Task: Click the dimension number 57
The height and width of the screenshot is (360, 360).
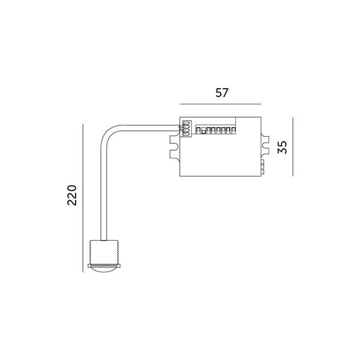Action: (222, 93)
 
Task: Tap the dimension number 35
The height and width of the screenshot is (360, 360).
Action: (282, 147)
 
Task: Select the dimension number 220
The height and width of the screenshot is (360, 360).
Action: (72, 195)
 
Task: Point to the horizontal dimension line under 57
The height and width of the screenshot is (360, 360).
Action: (220, 104)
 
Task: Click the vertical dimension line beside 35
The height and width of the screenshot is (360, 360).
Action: (293, 147)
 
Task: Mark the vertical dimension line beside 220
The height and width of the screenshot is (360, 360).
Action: (83, 198)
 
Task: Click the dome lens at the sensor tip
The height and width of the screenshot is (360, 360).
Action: (104, 270)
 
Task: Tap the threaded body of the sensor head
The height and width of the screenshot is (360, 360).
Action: (104, 252)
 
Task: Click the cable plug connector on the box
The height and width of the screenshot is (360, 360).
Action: (187, 129)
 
